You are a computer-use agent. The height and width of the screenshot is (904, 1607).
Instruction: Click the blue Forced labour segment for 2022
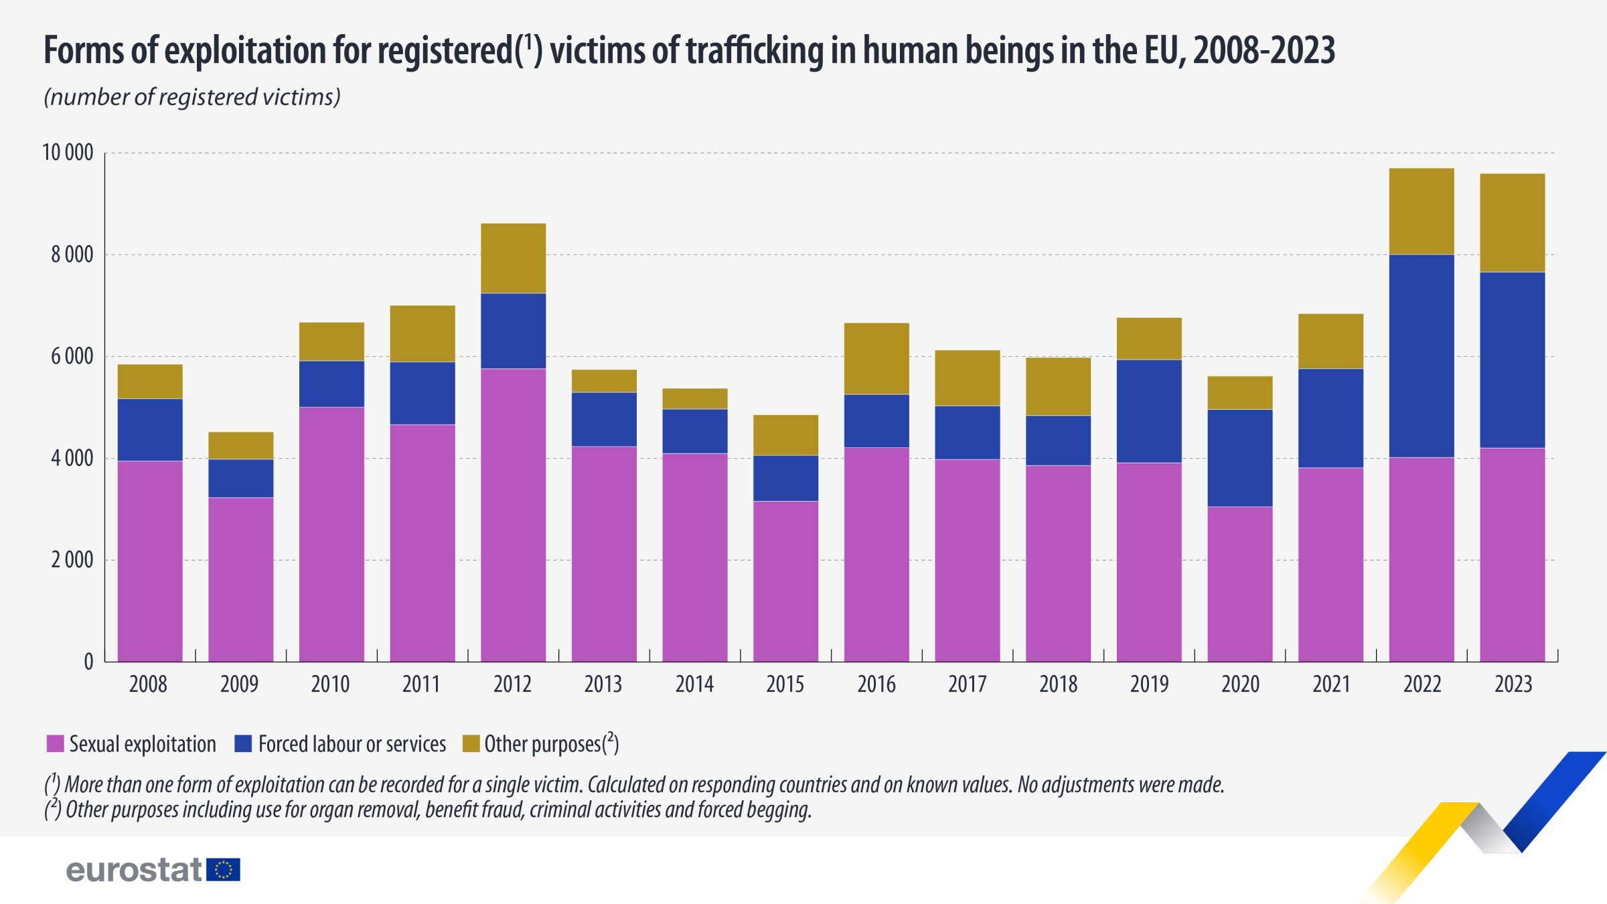pyautogui.click(x=1422, y=356)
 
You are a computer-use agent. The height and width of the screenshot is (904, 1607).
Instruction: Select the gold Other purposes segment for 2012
pyautogui.click(x=513, y=258)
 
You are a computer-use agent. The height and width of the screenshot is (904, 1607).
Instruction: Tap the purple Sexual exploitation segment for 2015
pyautogui.click(x=785, y=581)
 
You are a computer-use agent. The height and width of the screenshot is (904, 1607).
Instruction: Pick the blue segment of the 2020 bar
pyautogui.click(x=1240, y=458)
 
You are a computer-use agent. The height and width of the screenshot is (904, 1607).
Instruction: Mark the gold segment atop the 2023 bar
pyautogui.click(x=1513, y=222)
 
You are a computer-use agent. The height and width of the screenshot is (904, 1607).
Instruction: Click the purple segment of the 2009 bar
pyautogui.click(x=240, y=579)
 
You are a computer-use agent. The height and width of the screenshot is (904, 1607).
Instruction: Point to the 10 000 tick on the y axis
pyautogui.click(x=68, y=153)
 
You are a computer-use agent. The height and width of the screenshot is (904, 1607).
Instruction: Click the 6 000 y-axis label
pyautogui.click(x=72, y=356)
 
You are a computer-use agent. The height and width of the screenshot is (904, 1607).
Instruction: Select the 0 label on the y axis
pyautogui.click(x=88, y=662)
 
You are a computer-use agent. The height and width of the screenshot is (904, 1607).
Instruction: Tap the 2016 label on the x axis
pyautogui.click(x=876, y=684)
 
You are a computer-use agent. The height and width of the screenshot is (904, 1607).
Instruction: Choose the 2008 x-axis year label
pyautogui.click(x=148, y=684)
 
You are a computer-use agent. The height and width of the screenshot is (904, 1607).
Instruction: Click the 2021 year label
pyautogui.click(x=1331, y=684)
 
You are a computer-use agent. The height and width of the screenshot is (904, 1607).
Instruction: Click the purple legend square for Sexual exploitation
pyautogui.click(x=55, y=743)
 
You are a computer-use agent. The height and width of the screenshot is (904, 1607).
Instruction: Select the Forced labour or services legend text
pyautogui.click(x=352, y=744)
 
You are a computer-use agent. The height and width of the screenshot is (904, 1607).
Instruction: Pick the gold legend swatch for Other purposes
pyautogui.click(x=471, y=743)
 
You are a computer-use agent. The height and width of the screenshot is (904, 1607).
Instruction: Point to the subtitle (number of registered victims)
pyautogui.click(x=192, y=97)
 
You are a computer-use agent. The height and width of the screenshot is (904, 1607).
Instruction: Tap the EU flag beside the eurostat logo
pyautogui.click(x=223, y=870)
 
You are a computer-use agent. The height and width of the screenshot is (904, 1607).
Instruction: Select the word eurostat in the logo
pyautogui.click(x=134, y=870)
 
